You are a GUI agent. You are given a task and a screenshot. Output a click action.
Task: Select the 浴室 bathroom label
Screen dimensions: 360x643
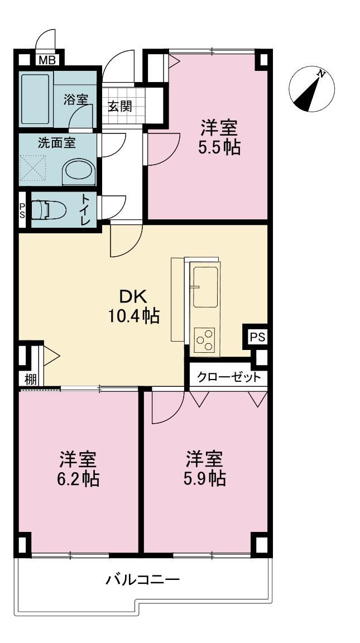(x=76, y=100)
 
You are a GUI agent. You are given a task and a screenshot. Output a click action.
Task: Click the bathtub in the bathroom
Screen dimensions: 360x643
(x=35, y=99)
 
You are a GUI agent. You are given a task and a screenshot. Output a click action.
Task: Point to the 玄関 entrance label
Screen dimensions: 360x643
(x=120, y=107)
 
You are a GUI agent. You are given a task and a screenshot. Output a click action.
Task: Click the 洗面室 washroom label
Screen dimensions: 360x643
(x=56, y=143)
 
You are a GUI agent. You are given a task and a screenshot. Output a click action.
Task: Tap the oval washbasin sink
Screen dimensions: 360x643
(x=80, y=169)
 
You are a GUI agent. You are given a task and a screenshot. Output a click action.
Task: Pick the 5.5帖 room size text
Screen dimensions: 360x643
(x=219, y=147)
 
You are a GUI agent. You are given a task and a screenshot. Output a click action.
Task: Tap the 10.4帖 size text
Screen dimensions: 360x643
(x=133, y=316)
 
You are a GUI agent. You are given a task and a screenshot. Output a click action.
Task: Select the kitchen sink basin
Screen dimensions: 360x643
(x=205, y=286)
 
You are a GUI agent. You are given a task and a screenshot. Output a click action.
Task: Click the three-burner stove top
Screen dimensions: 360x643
(x=204, y=340)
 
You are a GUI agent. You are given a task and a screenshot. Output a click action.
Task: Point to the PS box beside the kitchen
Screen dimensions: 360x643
(x=257, y=337)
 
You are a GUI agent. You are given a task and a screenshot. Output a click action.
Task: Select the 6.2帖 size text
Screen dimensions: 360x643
(x=78, y=478)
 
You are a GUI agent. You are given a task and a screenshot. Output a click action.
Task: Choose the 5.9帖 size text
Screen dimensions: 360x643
(x=205, y=478)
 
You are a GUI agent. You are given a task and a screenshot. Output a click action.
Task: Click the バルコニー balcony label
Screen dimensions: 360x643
(x=143, y=580)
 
